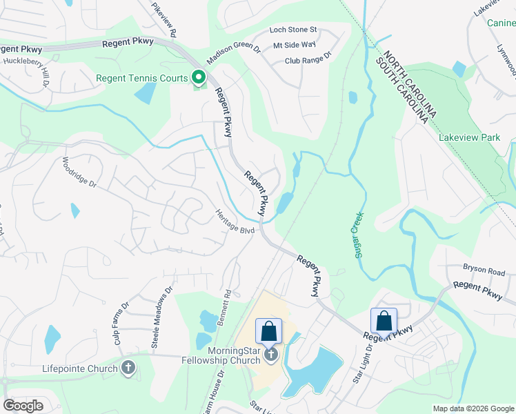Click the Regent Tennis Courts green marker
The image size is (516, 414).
click(x=199, y=77)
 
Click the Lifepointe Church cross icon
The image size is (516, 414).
click(x=128, y=368)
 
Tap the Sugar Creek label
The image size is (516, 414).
click(x=358, y=235)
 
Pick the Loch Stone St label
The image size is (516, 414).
click(x=292, y=30)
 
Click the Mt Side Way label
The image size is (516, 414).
click(x=294, y=45)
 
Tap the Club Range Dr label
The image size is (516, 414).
click(x=308, y=60)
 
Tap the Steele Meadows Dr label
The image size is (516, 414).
click(x=161, y=310)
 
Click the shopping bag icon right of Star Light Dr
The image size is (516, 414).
click(x=384, y=321)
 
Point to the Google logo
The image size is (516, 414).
click(x=23, y=406)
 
